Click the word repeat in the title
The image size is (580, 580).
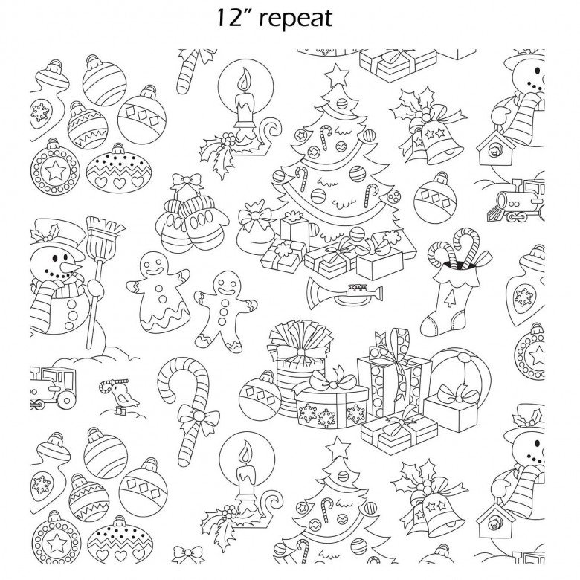click(x=295, y=19)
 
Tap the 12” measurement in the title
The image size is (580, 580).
click(x=233, y=17)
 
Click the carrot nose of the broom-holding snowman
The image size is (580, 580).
click(x=72, y=268)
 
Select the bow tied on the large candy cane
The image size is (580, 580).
click(x=199, y=417)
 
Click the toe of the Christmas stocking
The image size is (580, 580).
click(x=430, y=326)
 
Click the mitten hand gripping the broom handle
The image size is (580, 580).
click(x=95, y=289)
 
